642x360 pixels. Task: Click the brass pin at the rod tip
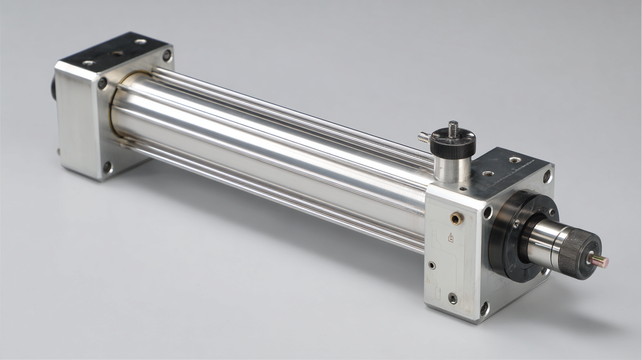click(x=601, y=261)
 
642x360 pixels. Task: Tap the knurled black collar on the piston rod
click(x=578, y=255)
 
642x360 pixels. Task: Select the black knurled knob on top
click(x=453, y=142)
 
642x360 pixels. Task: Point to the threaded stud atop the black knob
click(x=453, y=127)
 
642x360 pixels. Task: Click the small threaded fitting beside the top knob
click(x=424, y=138)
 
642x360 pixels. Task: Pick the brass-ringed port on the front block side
click(x=456, y=217)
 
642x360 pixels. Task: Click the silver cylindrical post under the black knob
click(x=452, y=169)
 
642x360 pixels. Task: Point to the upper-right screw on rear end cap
click(x=167, y=55)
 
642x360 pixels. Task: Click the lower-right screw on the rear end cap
click(x=107, y=167)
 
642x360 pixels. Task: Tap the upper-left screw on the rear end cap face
click(x=102, y=82)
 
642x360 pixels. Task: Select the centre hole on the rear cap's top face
click(x=117, y=53)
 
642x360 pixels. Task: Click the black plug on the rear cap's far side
click(x=53, y=87)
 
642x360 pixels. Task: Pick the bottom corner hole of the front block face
click(x=484, y=308)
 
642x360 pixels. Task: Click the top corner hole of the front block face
click(x=547, y=176)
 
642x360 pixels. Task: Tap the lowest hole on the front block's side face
click(x=452, y=298)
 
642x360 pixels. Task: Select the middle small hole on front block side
click(x=432, y=265)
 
